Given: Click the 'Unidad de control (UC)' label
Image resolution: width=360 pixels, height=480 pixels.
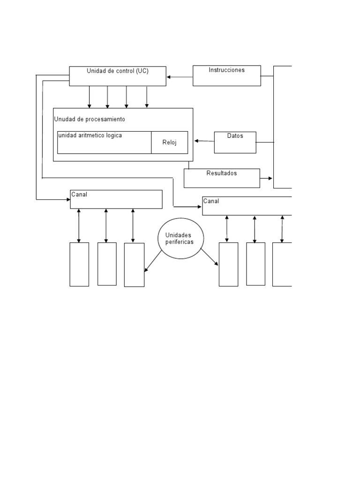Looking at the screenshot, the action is pyautogui.click(x=118, y=71).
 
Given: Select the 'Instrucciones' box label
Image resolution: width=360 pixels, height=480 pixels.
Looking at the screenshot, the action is pyautogui.click(x=226, y=70).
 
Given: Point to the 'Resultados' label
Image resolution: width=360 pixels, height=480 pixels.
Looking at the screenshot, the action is pyautogui.click(x=222, y=173).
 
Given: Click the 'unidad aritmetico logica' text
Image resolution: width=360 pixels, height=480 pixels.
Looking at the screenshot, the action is pyautogui.click(x=90, y=135).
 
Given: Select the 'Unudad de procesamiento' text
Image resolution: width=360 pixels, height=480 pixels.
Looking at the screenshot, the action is pyautogui.click(x=90, y=119).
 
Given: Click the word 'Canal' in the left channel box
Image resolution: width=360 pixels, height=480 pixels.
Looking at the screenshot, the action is pyautogui.click(x=79, y=195).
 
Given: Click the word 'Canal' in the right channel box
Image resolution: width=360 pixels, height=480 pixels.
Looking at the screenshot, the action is pyautogui.click(x=211, y=201).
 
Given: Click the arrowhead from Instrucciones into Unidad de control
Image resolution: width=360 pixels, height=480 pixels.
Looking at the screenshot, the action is pyautogui.click(x=168, y=77).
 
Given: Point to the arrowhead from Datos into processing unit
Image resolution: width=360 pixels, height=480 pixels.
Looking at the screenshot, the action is pyautogui.click(x=196, y=141).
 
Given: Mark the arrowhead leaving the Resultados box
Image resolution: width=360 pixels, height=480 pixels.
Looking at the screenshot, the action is pyautogui.click(x=270, y=178).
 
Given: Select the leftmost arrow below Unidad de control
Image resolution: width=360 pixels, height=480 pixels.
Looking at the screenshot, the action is pyautogui.click(x=90, y=97).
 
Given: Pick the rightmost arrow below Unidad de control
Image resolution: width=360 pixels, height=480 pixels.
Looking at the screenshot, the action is pyautogui.click(x=147, y=97).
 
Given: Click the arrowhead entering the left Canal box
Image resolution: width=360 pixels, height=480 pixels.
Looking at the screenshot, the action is pyautogui.click(x=68, y=200).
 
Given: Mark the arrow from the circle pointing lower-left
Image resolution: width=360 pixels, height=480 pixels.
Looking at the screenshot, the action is pyautogui.click(x=153, y=261).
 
